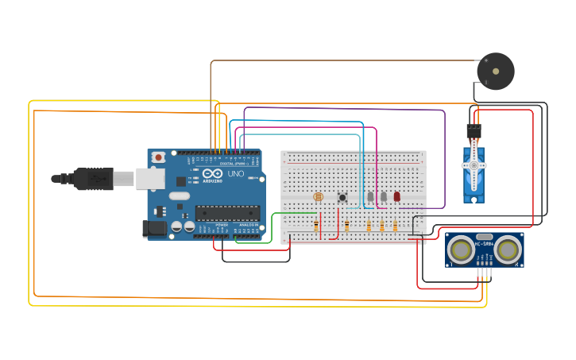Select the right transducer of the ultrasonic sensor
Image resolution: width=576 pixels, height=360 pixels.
(x=507, y=250)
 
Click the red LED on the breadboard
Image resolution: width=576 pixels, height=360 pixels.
(x=396, y=196)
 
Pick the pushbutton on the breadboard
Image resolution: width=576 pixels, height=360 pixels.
(x=343, y=196)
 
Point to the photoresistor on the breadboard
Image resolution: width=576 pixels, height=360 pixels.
(x=319, y=195)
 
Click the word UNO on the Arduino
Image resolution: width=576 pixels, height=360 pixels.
(x=236, y=173)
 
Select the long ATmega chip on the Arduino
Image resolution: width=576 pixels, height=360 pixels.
(x=227, y=212)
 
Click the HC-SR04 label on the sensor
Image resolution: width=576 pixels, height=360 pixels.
(x=484, y=243)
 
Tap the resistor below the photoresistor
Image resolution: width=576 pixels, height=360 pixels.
(x=316, y=226)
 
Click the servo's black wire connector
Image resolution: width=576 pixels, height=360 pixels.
(x=474, y=127)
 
